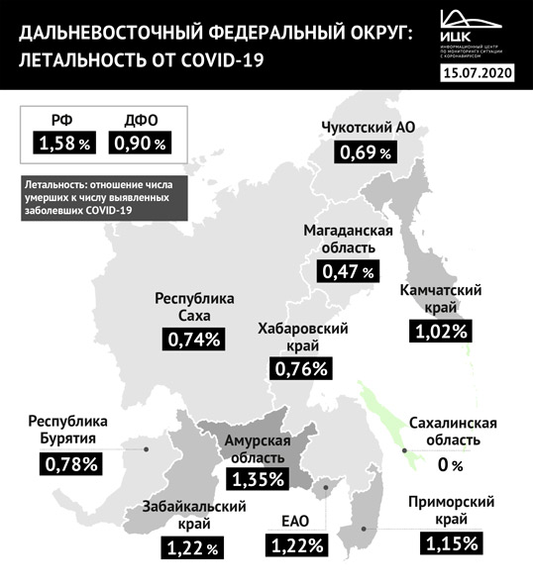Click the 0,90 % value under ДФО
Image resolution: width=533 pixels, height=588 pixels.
140,143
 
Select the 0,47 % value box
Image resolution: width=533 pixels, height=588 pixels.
348,269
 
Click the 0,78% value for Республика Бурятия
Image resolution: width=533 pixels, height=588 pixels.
71,462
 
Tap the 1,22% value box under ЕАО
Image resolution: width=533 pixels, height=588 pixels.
296,543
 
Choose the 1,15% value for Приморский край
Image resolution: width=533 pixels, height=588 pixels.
453,542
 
